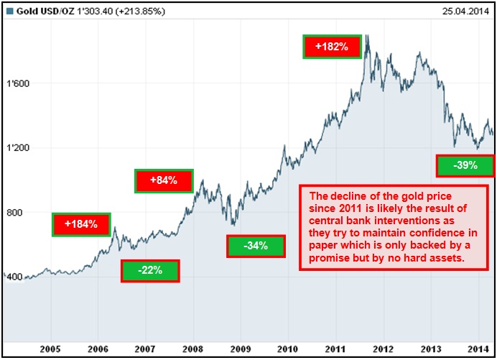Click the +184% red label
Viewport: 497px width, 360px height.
81,224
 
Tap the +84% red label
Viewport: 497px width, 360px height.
164,180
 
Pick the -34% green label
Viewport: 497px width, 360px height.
256,246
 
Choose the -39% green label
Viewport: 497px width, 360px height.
465,165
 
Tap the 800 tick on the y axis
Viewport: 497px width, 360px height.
15,213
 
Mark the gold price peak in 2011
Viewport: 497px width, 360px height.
367,36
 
